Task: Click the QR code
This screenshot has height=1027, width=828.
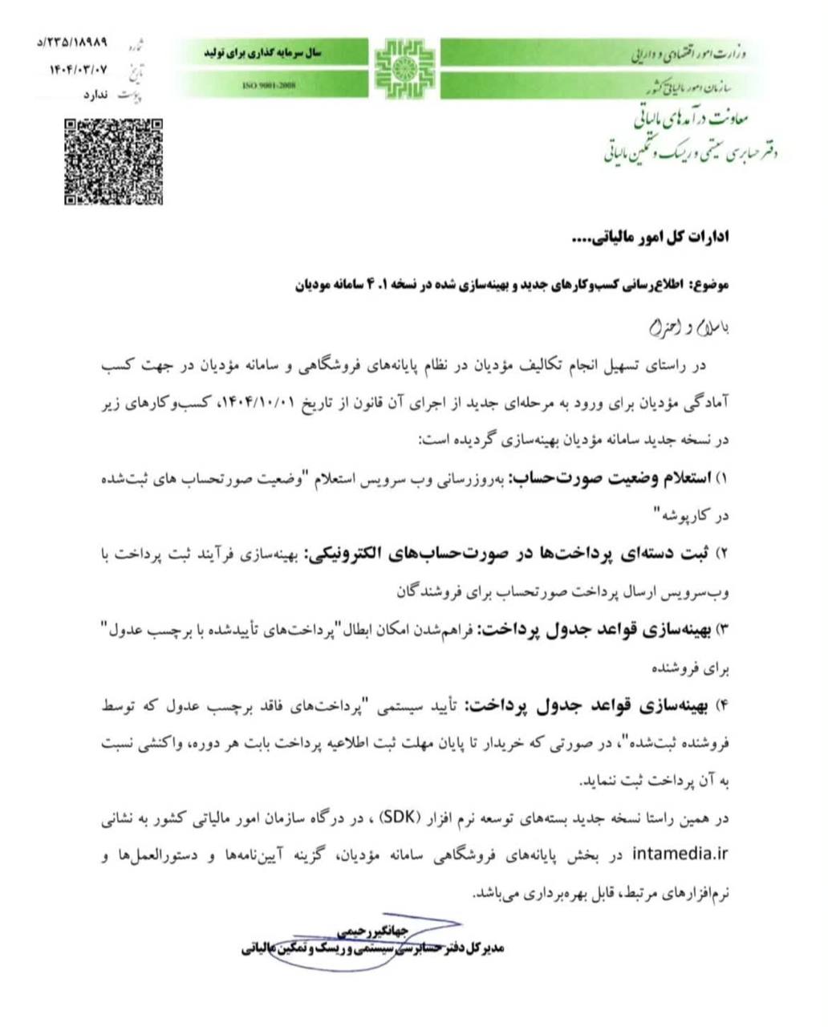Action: [113, 161]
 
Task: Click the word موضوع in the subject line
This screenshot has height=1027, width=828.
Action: [713, 284]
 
